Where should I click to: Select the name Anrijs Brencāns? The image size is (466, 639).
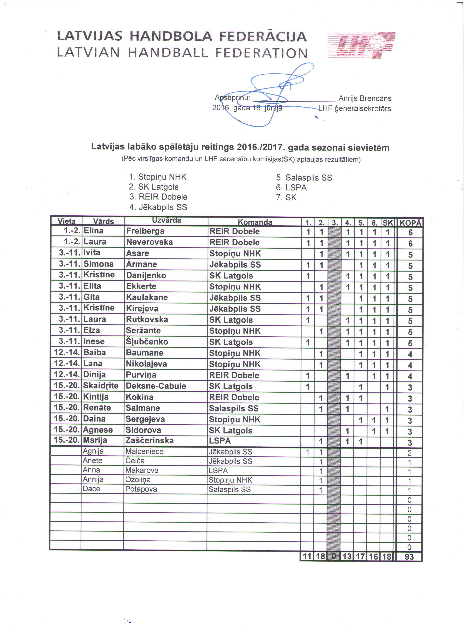coord(365,98)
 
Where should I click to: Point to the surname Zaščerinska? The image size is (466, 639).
coord(149,440)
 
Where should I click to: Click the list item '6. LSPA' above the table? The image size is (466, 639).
coord(291,188)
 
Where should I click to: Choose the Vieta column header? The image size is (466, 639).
coord(67,221)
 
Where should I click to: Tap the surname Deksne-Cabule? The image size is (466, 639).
coord(156,386)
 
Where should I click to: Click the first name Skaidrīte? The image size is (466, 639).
coord(101,385)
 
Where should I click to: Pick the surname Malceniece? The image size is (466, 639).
coord(144,451)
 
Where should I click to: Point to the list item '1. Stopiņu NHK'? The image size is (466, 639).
coord(158,177)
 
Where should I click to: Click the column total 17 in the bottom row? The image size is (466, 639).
coord(361,557)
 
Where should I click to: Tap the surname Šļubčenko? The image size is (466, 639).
coord(147,342)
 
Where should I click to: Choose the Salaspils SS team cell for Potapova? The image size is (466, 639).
coord(229,489)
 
